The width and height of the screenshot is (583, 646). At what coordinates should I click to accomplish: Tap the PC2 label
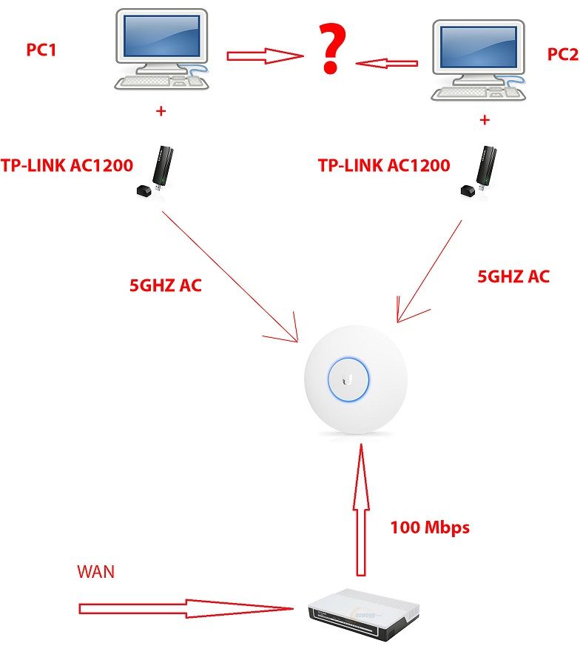(562, 54)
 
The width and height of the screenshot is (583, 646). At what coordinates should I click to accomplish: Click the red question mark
(331, 47)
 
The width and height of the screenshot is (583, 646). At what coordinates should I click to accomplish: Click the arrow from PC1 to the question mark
(264, 55)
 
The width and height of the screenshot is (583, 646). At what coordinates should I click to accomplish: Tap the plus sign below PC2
(485, 119)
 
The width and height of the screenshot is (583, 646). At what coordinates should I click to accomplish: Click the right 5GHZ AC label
(514, 276)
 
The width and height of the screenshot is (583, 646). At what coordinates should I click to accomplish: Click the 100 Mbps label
(430, 528)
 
